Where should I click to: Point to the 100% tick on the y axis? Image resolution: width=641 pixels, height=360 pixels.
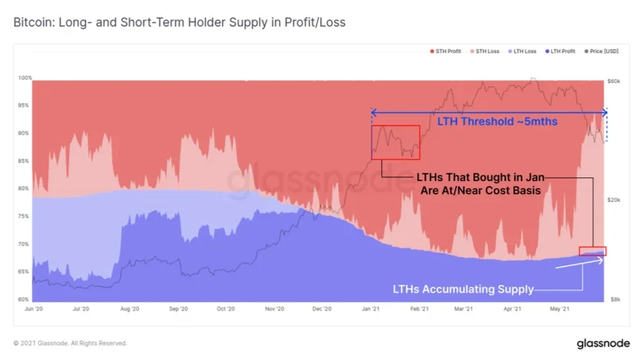pyautogui.click(x=24, y=78)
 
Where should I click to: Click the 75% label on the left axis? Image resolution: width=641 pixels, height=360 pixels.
pyautogui.click(x=25, y=217)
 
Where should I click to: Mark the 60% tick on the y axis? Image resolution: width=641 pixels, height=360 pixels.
pyautogui.click(x=25, y=299)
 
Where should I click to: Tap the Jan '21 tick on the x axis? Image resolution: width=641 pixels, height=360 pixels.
pyautogui.click(x=371, y=308)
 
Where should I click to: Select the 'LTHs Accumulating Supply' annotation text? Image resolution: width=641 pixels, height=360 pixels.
pyautogui.click(x=461, y=289)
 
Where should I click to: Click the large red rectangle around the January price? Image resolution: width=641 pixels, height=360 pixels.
pyautogui.click(x=395, y=142)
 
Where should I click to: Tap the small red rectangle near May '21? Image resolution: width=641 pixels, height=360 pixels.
pyautogui.click(x=593, y=251)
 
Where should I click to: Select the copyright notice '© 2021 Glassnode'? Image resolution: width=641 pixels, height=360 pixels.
pyautogui.click(x=70, y=344)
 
